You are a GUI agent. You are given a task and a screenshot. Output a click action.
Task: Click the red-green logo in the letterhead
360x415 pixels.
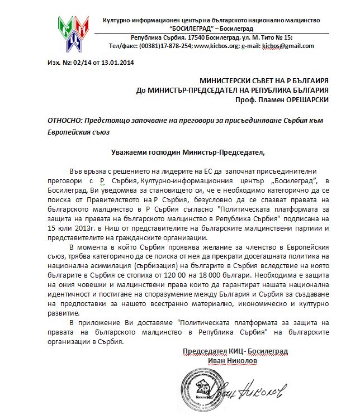pyautogui.click(x=74, y=32)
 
